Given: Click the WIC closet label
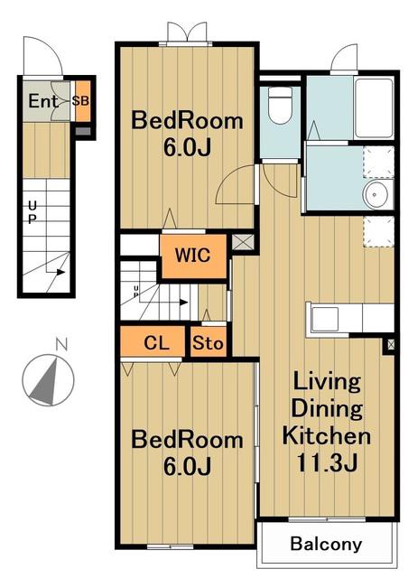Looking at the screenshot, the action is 193,255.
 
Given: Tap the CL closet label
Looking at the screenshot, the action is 157,343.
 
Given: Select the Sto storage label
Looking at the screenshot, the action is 208,343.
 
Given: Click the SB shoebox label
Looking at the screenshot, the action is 80,100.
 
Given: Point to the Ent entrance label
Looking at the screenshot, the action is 43,101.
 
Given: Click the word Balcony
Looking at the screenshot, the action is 326,544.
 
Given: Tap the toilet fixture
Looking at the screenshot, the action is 280,105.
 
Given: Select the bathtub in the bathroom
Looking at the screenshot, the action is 374,108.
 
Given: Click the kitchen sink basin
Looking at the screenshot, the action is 325,319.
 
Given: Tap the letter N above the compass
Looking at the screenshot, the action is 61,345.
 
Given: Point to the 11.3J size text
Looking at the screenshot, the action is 327,463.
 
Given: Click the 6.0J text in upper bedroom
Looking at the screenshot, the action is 187,148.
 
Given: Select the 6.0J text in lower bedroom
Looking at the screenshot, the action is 187,466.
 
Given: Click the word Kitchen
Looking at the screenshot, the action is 327,435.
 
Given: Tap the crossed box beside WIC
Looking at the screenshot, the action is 243,242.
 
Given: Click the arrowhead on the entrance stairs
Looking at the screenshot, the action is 60,273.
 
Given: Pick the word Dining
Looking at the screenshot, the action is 327,409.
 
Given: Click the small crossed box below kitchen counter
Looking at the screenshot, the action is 391,345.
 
